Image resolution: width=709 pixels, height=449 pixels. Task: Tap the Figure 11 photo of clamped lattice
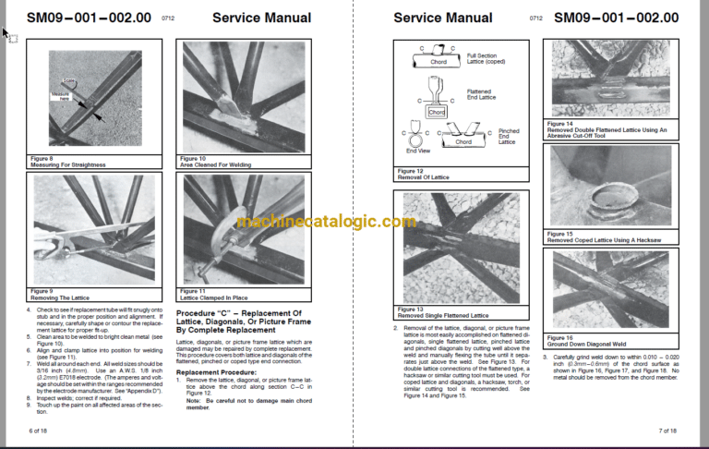(x=242, y=230)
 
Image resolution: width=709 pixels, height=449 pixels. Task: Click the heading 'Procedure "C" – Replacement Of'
(x=242, y=315)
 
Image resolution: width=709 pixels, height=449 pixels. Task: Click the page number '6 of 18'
(x=39, y=431)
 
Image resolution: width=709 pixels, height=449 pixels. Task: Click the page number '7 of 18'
(x=667, y=431)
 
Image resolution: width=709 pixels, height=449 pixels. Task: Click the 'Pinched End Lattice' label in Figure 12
(x=509, y=137)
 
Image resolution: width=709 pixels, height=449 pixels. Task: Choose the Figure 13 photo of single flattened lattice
(x=461, y=248)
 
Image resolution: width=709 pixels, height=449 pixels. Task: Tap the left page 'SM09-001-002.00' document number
(x=89, y=18)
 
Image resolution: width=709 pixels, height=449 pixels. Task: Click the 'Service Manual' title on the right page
(x=443, y=18)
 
